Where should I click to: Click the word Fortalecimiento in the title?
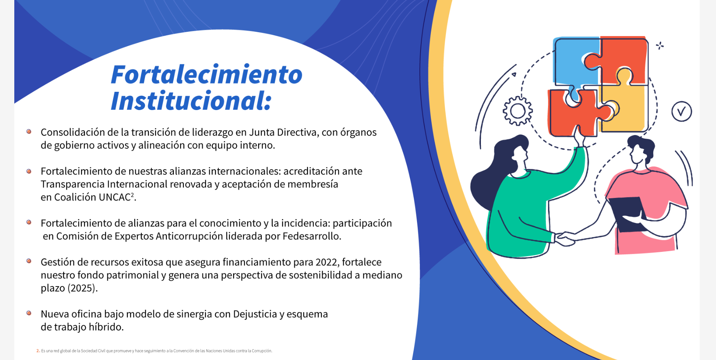point(207,74)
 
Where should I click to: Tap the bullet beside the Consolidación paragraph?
point(29,132)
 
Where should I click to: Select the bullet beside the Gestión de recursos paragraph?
point(29,261)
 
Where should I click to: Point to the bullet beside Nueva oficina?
point(29,313)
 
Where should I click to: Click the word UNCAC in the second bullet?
point(115,197)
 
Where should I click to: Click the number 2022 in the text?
point(326,262)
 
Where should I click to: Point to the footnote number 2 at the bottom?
point(38,351)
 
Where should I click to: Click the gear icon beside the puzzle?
point(517,111)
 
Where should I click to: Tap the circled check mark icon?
point(681,112)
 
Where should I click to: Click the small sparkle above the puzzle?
point(660,46)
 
